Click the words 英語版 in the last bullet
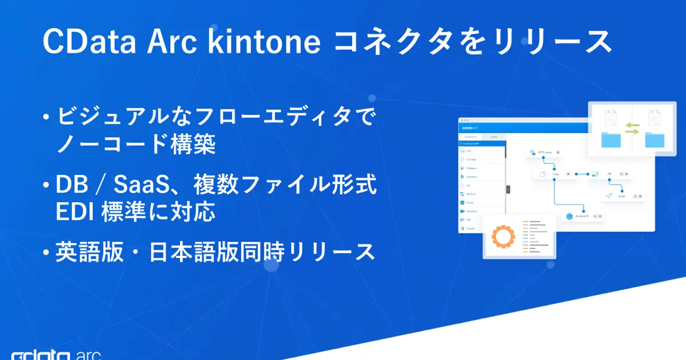point(89,252)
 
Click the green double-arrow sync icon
point(632,128)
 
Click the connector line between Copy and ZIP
point(582,174)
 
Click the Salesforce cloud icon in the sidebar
point(461,211)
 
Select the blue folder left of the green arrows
point(611,141)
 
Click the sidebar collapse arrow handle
point(508,190)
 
